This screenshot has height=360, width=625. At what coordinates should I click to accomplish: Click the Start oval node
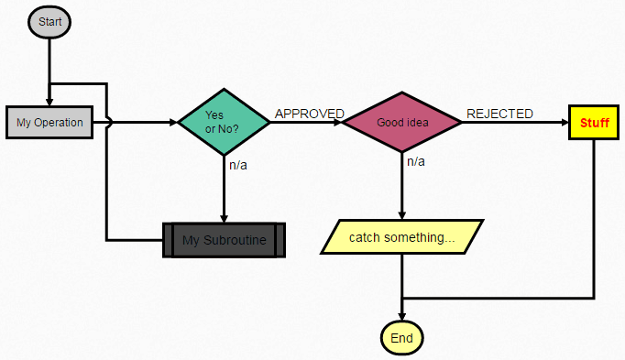pos(49,22)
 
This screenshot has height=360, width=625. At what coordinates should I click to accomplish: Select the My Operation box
pos(49,122)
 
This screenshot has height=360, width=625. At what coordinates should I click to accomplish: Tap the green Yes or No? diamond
pos(224,122)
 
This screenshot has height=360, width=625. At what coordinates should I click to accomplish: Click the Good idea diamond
pos(401,122)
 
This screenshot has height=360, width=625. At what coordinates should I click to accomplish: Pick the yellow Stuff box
pos(594,122)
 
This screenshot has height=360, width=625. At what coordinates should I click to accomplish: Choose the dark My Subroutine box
pos(224,240)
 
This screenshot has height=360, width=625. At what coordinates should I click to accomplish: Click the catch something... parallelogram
pos(401,237)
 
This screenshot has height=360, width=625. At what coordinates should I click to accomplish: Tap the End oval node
pos(401,338)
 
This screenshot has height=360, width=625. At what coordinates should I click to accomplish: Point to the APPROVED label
pos(310,114)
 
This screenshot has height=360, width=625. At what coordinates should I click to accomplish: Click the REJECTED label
pos(499,114)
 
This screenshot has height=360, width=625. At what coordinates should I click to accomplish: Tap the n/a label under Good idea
pos(416,161)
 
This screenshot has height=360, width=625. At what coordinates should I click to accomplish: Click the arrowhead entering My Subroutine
pos(224,218)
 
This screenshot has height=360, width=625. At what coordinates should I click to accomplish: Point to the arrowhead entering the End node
pos(401,316)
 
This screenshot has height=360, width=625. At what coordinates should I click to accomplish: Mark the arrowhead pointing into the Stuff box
pos(563,122)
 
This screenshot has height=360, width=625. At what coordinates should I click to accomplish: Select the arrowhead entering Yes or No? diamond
pos(173,122)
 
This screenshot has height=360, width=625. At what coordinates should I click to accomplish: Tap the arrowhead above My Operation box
pos(49,102)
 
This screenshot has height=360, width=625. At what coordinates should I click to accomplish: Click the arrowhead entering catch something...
pos(401,215)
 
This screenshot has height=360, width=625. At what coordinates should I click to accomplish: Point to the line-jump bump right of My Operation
pos(110,122)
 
